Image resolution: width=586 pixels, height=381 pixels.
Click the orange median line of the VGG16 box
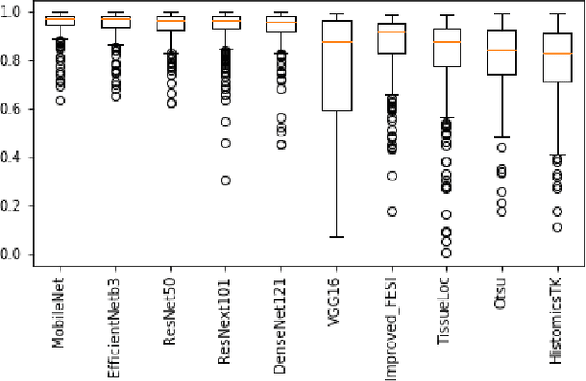tap(337, 42)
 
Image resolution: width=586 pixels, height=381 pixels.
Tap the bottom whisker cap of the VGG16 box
tap(337, 237)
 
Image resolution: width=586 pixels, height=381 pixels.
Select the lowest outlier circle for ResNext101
tap(225, 180)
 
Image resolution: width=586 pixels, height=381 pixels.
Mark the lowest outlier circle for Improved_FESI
tap(392, 212)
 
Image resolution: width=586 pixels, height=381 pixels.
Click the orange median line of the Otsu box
tap(502, 50)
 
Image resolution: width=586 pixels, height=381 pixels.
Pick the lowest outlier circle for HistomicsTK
tap(557, 227)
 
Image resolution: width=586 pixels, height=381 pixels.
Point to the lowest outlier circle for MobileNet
tap(60, 101)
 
